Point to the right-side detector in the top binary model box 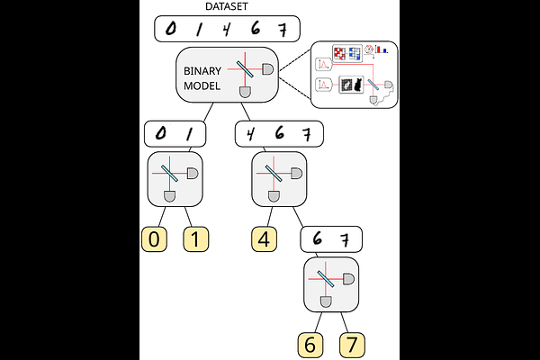click(268, 69)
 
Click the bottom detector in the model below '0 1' click(167, 195)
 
